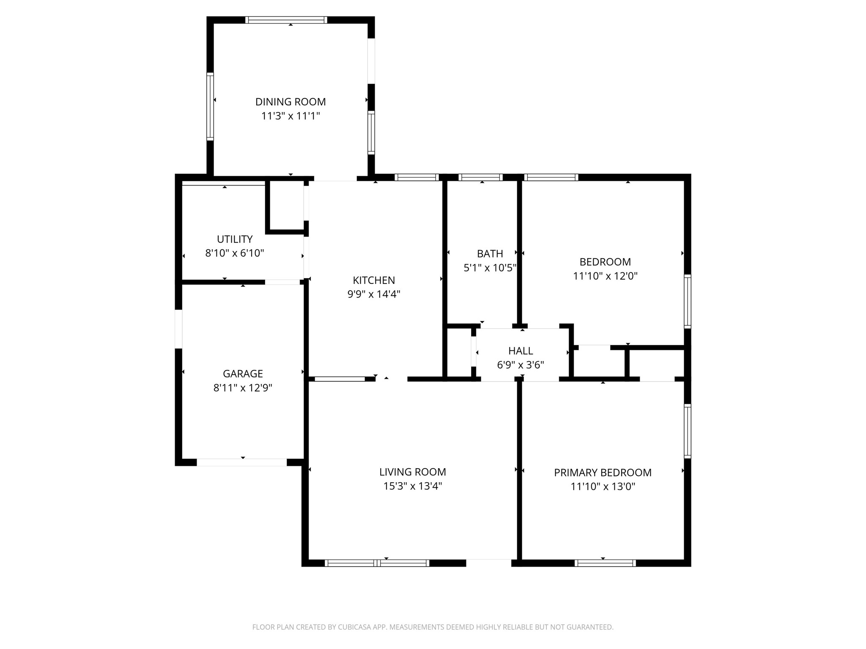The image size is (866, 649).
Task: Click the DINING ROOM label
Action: pyautogui.click(x=290, y=102)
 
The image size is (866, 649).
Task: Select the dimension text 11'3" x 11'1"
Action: pyautogui.click(x=290, y=116)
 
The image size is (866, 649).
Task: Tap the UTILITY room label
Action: pyautogui.click(x=235, y=239)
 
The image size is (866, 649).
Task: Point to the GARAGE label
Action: pyautogui.click(x=243, y=374)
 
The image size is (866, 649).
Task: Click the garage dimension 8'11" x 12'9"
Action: pyautogui.click(x=243, y=387)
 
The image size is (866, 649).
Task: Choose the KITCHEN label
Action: pyautogui.click(x=374, y=280)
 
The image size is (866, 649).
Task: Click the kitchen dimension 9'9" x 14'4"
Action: pyautogui.click(x=374, y=294)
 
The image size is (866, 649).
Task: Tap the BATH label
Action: pyautogui.click(x=490, y=254)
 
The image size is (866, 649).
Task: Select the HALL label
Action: pyautogui.click(x=521, y=351)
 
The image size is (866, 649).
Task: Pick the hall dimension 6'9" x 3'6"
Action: pyautogui.click(x=521, y=365)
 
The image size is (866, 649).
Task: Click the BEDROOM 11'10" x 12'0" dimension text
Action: pyautogui.click(x=605, y=276)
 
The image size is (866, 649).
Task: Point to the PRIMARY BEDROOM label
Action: pyautogui.click(x=603, y=472)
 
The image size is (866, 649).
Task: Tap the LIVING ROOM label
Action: pyautogui.click(x=412, y=472)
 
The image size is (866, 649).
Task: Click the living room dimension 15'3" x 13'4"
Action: pyautogui.click(x=412, y=486)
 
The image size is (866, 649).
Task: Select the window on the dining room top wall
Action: pyautogui.click(x=286, y=20)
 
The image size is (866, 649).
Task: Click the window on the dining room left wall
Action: pyautogui.click(x=210, y=106)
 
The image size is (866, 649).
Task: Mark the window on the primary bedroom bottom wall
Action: pyautogui.click(x=605, y=563)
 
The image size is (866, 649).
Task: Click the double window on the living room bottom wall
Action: pyautogui.click(x=377, y=563)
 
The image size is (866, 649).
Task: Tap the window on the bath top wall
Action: pyautogui.click(x=481, y=177)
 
